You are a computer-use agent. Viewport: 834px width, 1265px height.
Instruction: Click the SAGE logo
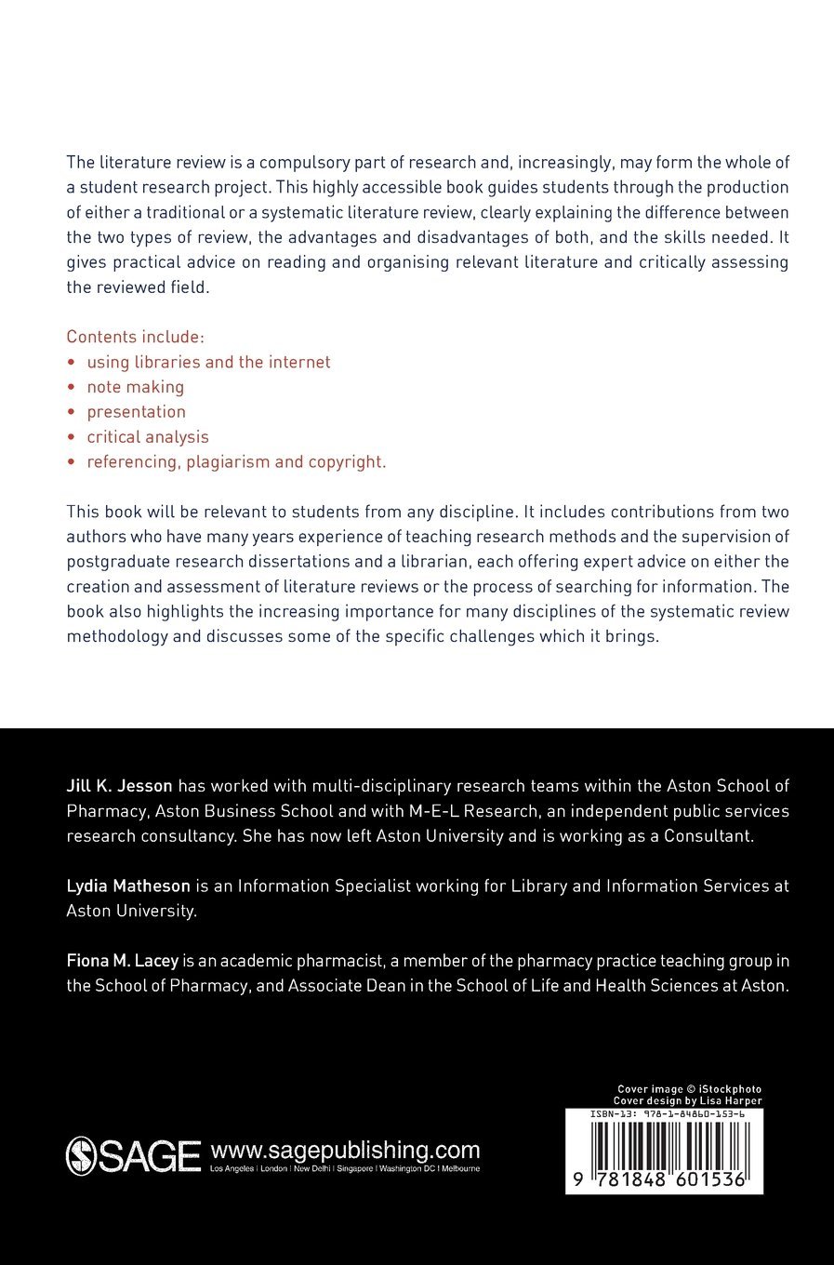click(x=133, y=1156)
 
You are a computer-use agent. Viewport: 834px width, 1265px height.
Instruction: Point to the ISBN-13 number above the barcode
click(x=666, y=1113)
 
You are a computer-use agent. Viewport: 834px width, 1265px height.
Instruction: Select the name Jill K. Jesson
click(x=119, y=786)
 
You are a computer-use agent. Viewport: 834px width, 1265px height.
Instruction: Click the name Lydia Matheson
click(x=128, y=886)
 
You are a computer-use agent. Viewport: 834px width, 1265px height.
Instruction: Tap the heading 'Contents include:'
click(x=135, y=337)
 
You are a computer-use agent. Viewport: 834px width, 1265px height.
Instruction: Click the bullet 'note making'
click(x=136, y=387)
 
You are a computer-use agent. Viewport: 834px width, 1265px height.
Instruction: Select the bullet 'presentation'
click(x=137, y=412)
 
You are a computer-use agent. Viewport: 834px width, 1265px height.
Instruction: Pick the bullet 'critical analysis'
click(x=148, y=437)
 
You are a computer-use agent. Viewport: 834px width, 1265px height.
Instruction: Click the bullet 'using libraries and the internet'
click(x=208, y=362)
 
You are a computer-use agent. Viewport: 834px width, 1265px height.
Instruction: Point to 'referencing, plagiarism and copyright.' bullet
click(x=236, y=462)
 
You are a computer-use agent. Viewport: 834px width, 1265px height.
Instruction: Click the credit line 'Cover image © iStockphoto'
click(x=689, y=1089)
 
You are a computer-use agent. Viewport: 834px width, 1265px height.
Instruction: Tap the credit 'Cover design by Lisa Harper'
click(x=687, y=1100)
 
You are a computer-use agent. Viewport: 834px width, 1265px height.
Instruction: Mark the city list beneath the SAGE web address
click(x=345, y=1169)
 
